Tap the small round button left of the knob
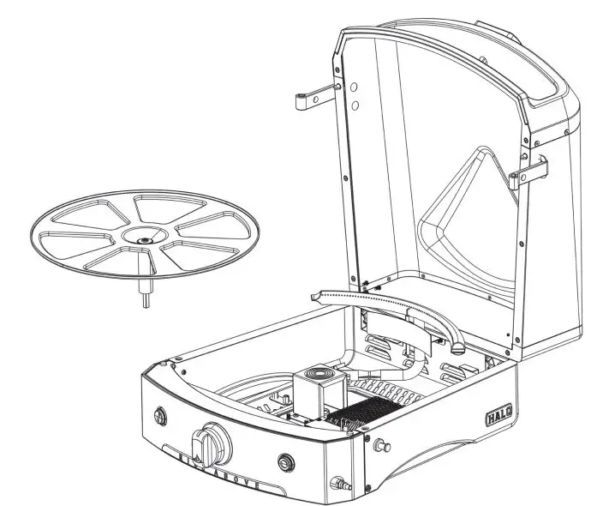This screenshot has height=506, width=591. coord(159,416)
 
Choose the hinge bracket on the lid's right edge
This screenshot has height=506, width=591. coord(525,176)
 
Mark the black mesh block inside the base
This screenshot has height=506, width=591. coord(359,413)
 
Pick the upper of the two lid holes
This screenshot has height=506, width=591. coord(353,87)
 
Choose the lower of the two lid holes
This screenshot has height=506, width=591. coord(353,106)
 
